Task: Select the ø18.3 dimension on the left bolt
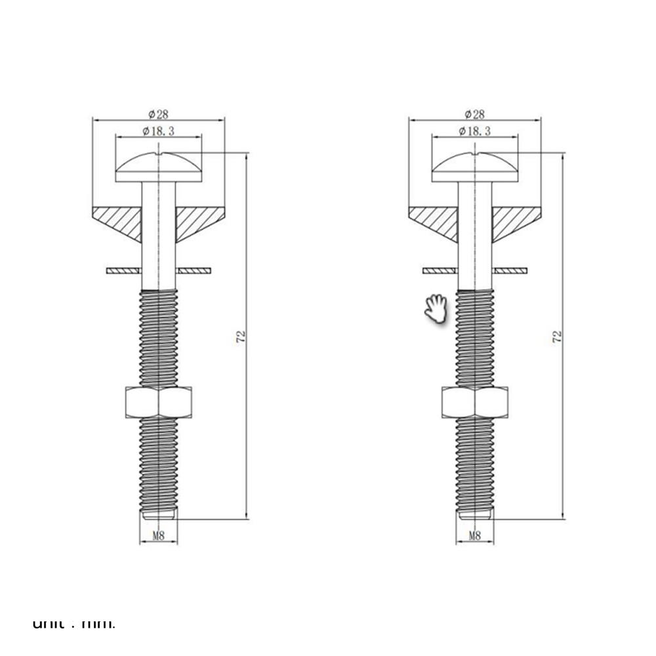tap(157, 131)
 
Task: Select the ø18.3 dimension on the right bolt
tap(474, 131)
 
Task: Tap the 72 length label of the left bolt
tap(241, 336)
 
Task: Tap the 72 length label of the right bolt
tap(558, 336)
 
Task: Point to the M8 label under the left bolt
tap(158, 535)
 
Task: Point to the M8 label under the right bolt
tap(475, 535)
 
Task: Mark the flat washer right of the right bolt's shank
tap(511, 269)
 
